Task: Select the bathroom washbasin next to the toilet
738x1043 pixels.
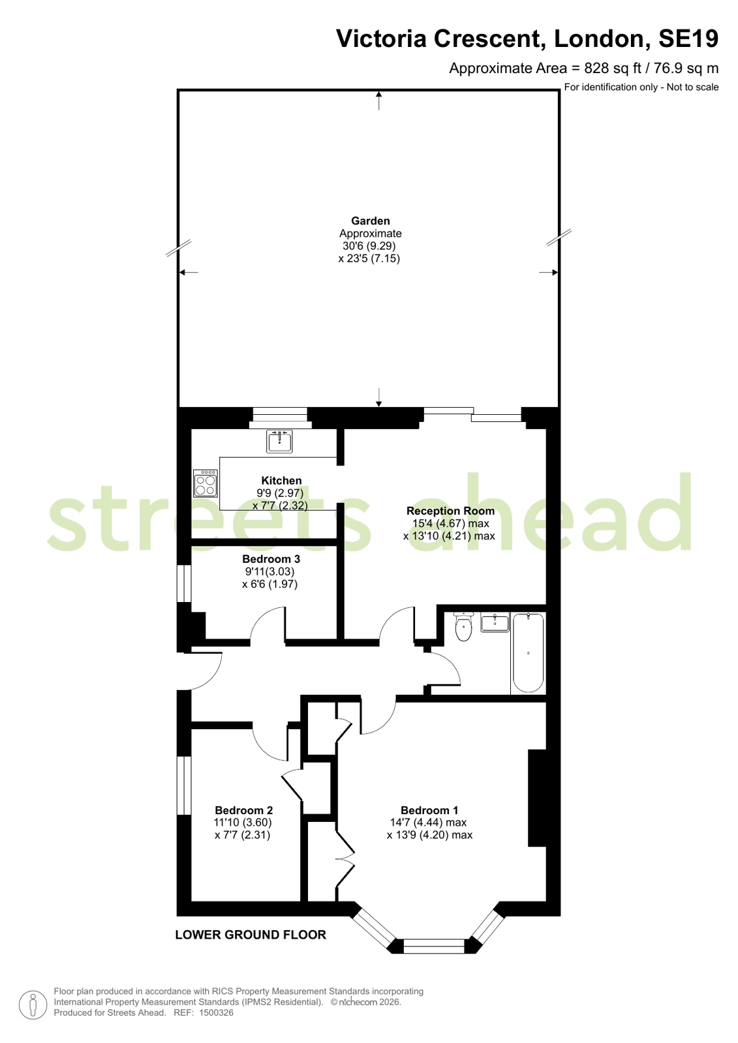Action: tap(495, 622)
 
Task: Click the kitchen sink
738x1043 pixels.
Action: tap(279, 441)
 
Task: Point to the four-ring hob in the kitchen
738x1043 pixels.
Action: tap(206, 483)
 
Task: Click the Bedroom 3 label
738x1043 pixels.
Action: tap(271, 559)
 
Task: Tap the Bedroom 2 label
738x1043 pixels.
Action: tap(243, 810)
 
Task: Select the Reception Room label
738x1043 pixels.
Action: tap(450, 511)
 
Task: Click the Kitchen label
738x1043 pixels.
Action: tap(281, 481)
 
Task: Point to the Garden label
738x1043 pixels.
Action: tap(371, 220)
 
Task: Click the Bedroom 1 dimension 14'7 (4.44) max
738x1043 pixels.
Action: tap(429, 823)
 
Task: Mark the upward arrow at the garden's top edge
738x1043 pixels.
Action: tap(378, 100)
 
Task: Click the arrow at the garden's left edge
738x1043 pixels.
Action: tap(189, 272)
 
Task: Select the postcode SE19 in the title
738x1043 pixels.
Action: tap(688, 38)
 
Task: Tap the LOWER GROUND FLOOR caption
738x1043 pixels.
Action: tap(251, 935)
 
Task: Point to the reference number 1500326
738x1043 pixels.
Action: tap(216, 1012)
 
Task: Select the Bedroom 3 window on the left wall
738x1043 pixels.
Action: tap(185, 583)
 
